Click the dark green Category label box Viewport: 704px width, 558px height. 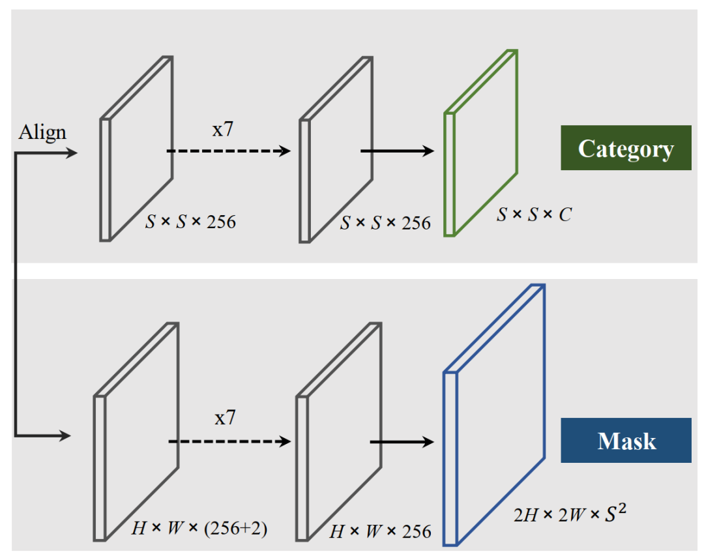coord(626,148)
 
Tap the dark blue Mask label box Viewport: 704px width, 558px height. coord(626,441)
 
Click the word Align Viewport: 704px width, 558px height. coord(42,132)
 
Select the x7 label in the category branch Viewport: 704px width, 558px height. coord(224,128)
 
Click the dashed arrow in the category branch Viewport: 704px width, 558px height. coord(228,151)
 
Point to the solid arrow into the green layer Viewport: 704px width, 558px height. coord(397,151)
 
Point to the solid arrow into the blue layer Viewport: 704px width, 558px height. coord(402,441)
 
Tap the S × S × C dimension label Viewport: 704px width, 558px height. coord(534,214)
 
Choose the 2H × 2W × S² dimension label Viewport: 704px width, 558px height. coord(570,516)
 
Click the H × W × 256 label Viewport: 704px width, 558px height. coord(380,531)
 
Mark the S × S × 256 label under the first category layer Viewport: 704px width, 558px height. coord(189,222)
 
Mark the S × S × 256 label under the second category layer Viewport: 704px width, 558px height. coord(385,224)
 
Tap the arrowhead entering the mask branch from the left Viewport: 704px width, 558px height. coord(65,435)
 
